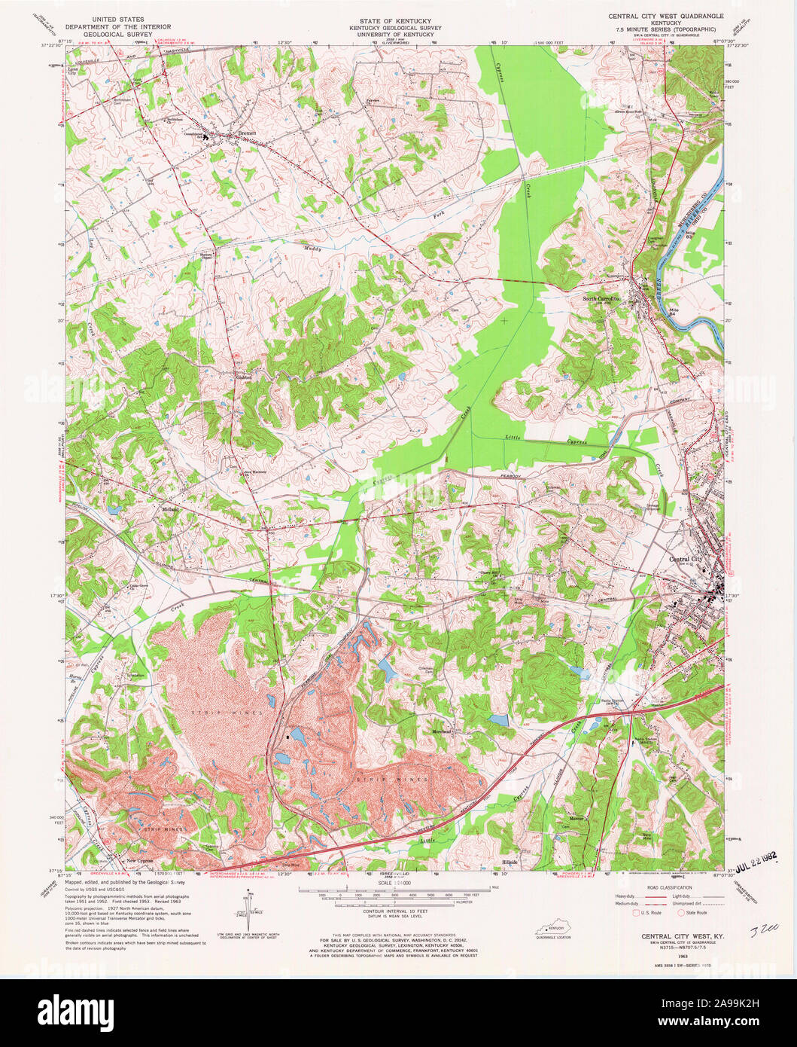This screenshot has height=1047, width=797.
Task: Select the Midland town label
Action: pos(169,510)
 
